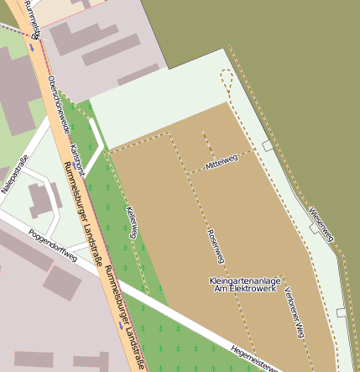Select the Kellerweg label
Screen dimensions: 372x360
132,222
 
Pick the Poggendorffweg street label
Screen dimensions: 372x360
52,246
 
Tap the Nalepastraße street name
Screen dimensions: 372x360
14,174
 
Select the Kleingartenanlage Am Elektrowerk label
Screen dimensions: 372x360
245,285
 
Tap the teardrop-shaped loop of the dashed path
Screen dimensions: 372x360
226,81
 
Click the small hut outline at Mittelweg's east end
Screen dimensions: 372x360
267,146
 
